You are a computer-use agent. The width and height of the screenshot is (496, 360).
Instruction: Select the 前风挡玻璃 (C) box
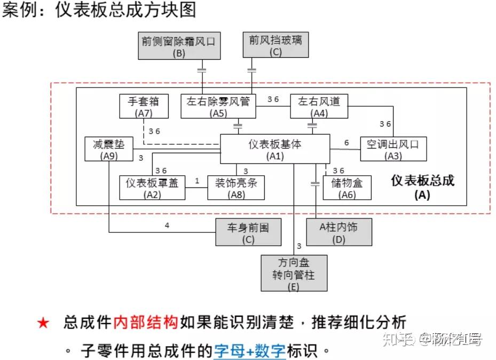point(275,45)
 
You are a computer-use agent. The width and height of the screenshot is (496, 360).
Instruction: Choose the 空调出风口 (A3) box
point(393,149)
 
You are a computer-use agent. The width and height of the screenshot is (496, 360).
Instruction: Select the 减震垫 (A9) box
point(108,149)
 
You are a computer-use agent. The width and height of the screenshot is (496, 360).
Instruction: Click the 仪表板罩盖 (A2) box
point(152,187)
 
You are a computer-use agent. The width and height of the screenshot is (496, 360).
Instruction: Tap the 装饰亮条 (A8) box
point(236,187)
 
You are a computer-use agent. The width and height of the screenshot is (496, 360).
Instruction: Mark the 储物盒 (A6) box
point(347,187)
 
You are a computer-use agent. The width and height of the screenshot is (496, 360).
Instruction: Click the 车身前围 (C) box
point(249,232)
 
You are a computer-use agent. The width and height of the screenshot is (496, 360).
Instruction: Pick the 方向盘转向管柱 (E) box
point(294,273)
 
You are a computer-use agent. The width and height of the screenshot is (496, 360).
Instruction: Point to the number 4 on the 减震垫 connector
point(167,225)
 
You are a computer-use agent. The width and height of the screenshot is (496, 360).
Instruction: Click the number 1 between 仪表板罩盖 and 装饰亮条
point(197,181)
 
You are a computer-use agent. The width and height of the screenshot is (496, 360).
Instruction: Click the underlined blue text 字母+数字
point(250,351)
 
